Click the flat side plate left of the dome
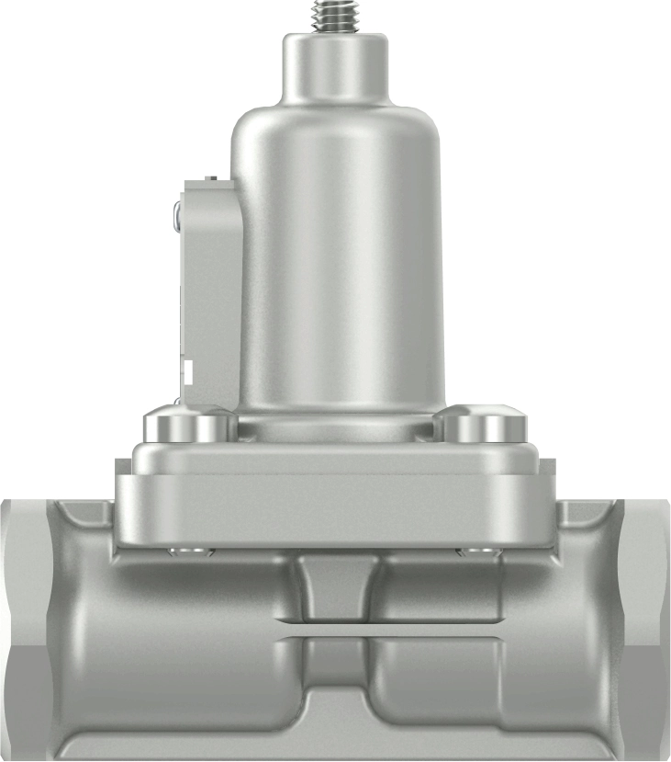(209, 294)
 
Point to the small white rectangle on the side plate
(187, 372)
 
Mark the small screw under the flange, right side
(479, 552)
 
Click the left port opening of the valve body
(23, 625)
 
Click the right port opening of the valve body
(648, 625)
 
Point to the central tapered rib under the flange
(337, 588)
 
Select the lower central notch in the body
(337, 699)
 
